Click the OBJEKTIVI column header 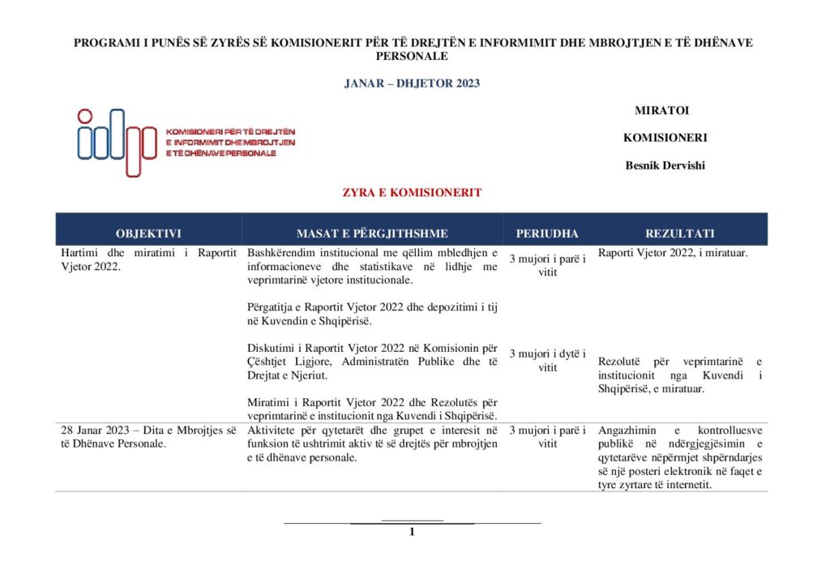148,234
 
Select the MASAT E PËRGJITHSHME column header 372,234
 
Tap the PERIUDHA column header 547,234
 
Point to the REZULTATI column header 680,234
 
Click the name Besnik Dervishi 665,165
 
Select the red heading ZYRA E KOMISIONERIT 414,193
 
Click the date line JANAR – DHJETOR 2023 413,84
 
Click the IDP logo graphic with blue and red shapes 117,142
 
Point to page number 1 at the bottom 412,532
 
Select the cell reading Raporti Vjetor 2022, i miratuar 673,253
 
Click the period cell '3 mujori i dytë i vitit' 547,360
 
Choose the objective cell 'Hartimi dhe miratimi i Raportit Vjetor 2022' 148,259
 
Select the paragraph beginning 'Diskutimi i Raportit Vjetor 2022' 372,362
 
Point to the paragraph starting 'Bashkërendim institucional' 372,267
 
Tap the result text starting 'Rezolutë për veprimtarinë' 680,375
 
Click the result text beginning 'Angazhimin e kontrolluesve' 680,457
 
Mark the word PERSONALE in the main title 413,57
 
